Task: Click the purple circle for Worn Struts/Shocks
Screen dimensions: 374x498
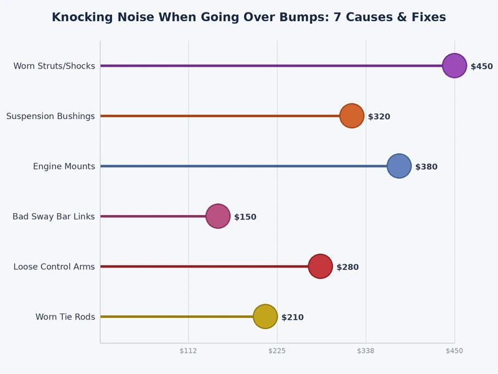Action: click(x=454, y=65)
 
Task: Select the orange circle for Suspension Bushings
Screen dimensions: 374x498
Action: click(x=352, y=116)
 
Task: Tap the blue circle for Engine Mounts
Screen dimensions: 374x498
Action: click(x=399, y=166)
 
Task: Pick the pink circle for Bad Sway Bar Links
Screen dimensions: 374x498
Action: click(x=218, y=216)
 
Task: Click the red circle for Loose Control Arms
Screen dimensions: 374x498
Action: click(x=321, y=266)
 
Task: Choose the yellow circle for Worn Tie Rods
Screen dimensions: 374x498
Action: click(x=265, y=317)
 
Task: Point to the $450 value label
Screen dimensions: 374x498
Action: click(x=482, y=67)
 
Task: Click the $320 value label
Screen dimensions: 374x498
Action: click(x=379, y=117)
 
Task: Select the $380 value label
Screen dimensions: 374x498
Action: click(x=426, y=167)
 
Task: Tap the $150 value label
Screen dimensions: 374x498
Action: click(x=245, y=217)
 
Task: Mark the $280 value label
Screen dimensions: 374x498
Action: click(x=347, y=267)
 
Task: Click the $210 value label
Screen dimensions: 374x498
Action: click(x=293, y=317)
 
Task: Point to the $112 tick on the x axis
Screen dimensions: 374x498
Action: click(x=188, y=351)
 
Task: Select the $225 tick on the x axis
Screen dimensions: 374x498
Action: click(x=277, y=351)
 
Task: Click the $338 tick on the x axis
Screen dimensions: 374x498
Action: click(x=365, y=351)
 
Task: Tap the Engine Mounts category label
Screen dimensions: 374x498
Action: click(x=64, y=166)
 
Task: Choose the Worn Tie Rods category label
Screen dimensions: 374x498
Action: click(x=65, y=317)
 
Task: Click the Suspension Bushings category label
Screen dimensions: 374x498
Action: click(x=50, y=116)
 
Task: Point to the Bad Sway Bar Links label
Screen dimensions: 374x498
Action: click(x=54, y=216)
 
